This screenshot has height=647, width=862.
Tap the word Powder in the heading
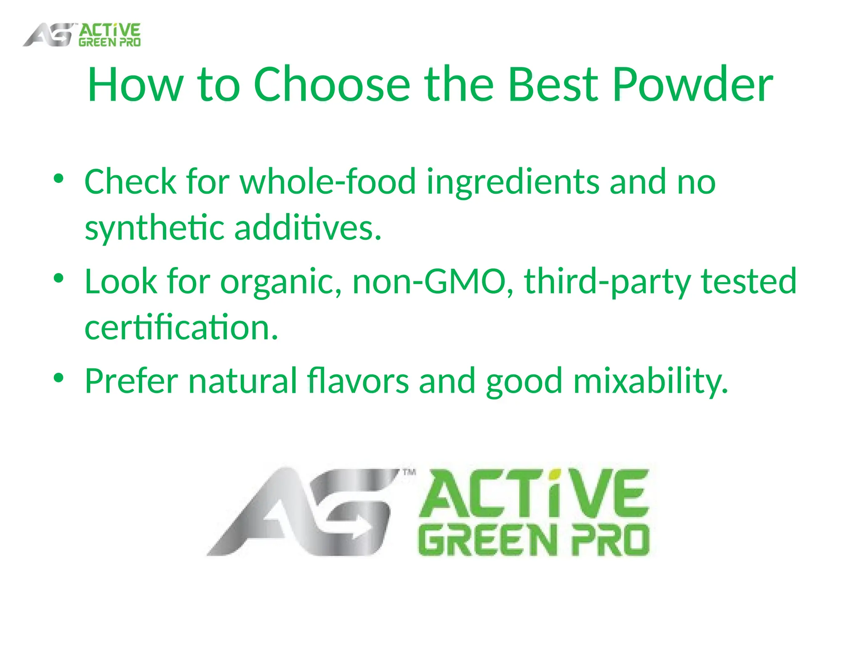[x=692, y=86]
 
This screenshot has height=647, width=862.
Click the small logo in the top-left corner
[x=82, y=35]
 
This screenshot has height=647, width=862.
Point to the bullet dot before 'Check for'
[x=59, y=179]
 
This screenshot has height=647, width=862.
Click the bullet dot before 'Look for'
[x=59, y=278]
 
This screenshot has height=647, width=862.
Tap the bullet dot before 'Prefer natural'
[x=59, y=378]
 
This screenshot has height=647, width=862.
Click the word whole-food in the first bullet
[x=328, y=182]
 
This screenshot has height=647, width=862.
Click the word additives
[x=307, y=227]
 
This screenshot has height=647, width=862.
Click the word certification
[x=181, y=327]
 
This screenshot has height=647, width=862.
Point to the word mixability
[x=650, y=381]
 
